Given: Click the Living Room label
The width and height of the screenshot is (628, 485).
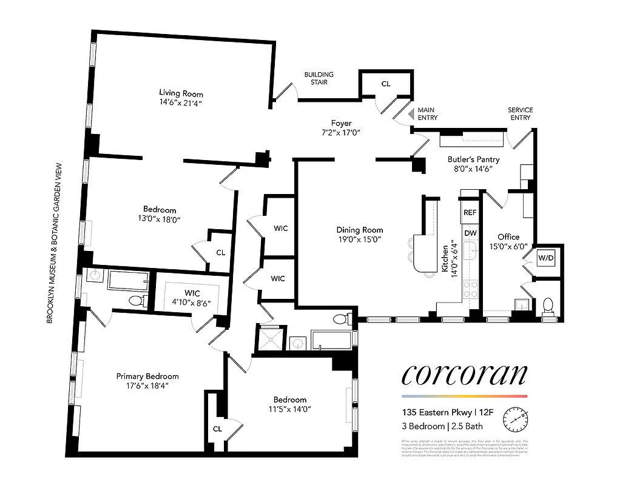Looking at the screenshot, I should point(181,93).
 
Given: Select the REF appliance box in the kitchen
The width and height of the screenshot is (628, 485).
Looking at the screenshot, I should point(470,213).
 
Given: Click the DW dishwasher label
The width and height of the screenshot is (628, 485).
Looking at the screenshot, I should point(470,233).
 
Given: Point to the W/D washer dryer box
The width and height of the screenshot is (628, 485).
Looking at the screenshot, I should point(546,258).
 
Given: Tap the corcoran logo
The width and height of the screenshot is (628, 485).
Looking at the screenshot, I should point(464,375).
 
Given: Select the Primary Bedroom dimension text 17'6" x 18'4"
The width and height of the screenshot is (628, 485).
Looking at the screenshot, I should point(147,386).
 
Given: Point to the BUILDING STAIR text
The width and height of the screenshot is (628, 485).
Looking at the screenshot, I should point(319,78).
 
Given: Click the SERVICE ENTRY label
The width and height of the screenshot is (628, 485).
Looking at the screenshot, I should point(520,113).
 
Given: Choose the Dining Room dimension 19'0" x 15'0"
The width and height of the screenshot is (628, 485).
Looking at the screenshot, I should point(360,239).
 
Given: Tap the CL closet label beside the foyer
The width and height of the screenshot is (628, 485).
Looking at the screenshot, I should point(385,84).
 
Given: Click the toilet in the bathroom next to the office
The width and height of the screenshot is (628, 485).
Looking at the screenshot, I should point(548,305).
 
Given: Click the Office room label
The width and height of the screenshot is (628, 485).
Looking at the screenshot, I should point(508,237).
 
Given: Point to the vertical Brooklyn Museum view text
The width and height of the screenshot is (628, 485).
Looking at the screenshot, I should point(59,242).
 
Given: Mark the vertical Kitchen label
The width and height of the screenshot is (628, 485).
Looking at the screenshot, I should point(446,258).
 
